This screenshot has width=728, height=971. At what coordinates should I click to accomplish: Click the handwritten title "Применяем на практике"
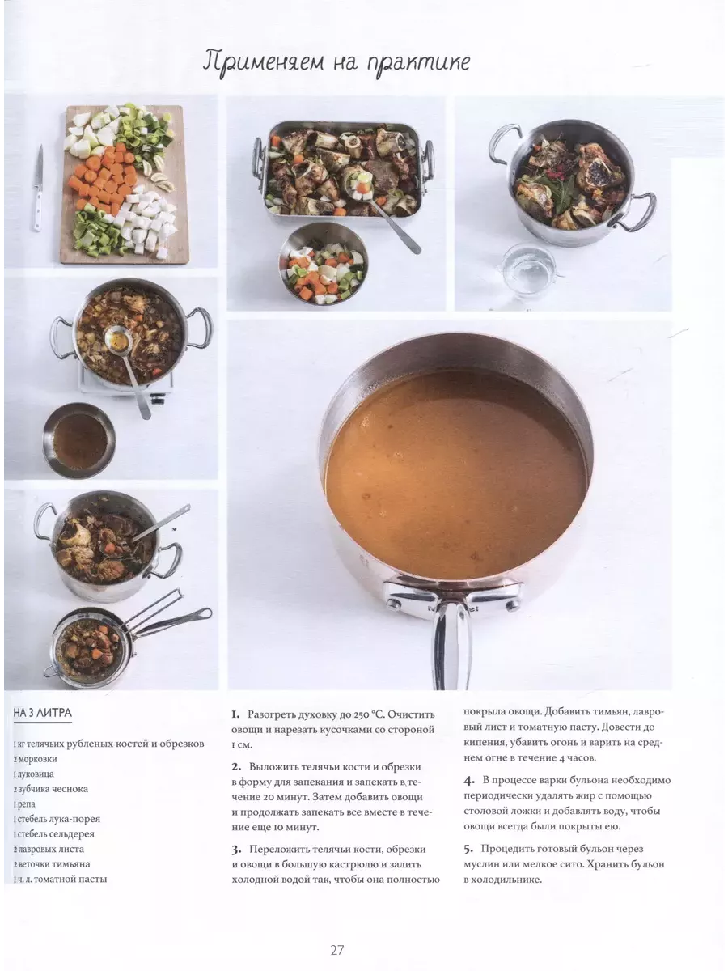point(336,65)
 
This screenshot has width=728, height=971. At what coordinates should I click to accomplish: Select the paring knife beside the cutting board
point(39,188)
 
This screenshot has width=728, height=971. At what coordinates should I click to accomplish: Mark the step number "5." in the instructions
point(468,849)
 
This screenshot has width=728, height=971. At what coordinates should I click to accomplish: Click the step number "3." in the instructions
point(236,850)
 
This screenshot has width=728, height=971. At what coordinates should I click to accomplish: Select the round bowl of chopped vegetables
point(323,265)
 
